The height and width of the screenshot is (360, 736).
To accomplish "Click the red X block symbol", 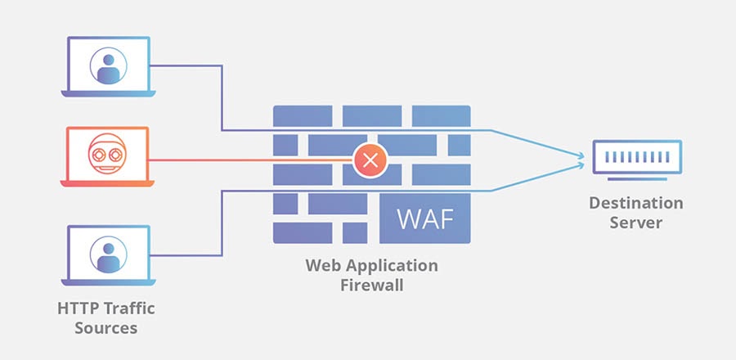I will [370, 160].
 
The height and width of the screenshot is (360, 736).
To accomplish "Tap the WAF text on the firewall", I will [424, 220].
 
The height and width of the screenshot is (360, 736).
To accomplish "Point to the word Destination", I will [635, 203].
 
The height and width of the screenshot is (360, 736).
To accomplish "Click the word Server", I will [635, 223].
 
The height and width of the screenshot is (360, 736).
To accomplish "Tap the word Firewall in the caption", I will [372, 286].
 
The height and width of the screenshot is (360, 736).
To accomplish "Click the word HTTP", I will [75, 309].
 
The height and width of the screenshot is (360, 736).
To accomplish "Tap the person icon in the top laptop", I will [109, 66].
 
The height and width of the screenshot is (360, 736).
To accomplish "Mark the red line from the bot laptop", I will [245, 160].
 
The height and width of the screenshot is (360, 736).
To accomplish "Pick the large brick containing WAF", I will [424, 218].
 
